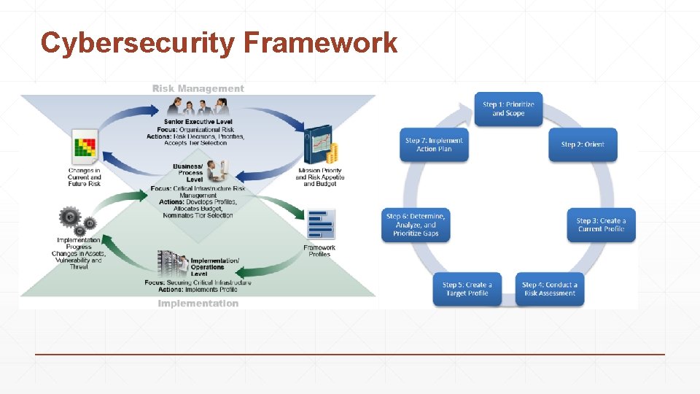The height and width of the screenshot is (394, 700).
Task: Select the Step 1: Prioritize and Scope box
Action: coord(508,109)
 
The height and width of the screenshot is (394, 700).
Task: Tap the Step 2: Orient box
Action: coord(583,144)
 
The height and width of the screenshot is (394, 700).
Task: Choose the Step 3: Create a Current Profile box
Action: coord(601,225)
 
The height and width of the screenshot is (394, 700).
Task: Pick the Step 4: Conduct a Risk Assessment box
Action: coord(550,289)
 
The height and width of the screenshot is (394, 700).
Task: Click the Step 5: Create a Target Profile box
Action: coord(467,289)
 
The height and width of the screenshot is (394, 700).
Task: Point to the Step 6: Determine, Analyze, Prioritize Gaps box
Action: coord(416,225)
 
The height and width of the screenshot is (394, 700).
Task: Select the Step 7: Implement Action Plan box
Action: coord(434,144)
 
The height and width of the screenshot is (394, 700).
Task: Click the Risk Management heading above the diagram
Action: coord(198,88)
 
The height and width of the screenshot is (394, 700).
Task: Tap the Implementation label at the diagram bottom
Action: coord(198,304)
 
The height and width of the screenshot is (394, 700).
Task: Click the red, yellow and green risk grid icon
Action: coord(85,147)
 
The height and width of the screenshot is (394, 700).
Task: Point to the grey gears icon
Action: coord(75,219)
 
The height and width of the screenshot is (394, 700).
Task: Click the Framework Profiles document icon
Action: coord(320,225)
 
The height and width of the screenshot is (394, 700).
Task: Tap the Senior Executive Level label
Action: coord(199,121)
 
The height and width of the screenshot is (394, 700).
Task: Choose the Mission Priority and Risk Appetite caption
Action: coord(319,177)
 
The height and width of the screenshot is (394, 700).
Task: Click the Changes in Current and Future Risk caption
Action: coord(85,177)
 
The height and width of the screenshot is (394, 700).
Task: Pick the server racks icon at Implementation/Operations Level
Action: coord(172,264)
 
